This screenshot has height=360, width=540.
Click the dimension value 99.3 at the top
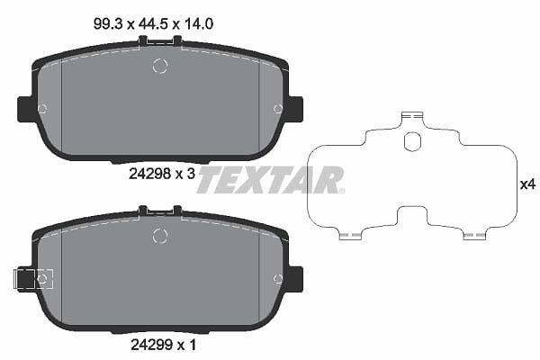tap(108, 24)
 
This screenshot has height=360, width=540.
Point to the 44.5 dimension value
tap(153, 24)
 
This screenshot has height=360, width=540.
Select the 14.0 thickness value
tap(199, 24)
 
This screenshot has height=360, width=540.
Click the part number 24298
tap(149, 174)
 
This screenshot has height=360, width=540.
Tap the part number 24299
tap(151, 345)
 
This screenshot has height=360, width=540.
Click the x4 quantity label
tap(527, 185)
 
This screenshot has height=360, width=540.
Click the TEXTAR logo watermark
tap(270, 179)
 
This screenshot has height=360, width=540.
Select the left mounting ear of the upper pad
tap(26, 109)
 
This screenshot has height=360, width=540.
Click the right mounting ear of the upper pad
tap(295, 109)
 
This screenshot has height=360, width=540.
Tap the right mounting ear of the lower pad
tap(295, 279)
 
